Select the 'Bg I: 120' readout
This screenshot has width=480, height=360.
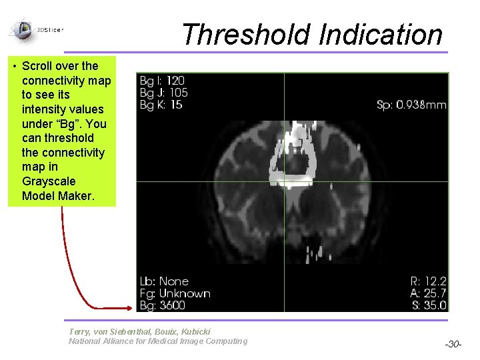pos(162,81)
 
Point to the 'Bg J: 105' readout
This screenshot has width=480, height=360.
pos(163,93)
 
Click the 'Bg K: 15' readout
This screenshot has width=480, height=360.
pos(161,105)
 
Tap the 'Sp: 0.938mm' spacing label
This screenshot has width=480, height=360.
pos(411,105)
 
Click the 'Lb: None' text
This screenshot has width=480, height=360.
pos(164,281)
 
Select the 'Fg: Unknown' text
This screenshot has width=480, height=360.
pos(175,293)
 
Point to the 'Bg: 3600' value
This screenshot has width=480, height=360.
pos(163,305)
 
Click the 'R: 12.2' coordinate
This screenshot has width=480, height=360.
pos(428,281)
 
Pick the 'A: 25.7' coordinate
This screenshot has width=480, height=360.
pos(428,293)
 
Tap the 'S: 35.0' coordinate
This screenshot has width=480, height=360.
pos(428,305)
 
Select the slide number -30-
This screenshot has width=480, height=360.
pos(453,344)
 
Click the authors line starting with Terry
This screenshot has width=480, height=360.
pos(139,331)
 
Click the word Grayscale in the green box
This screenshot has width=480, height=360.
pos(49,181)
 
